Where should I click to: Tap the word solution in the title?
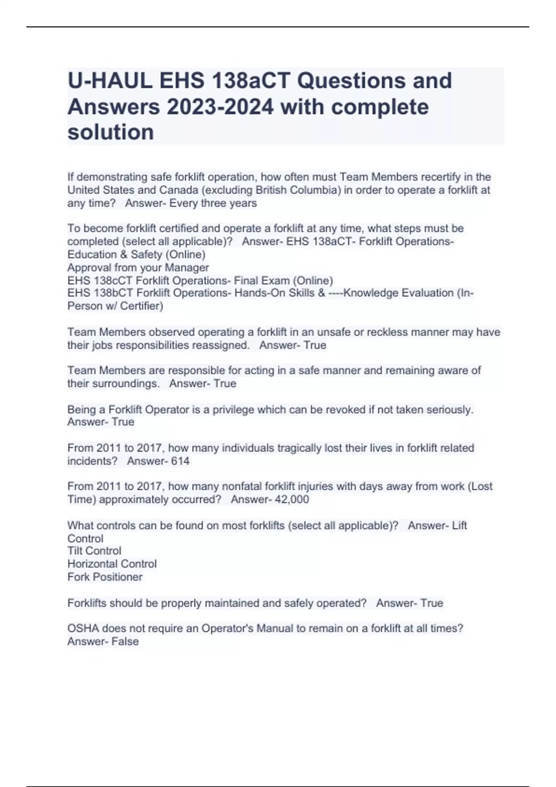(x=111, y=132)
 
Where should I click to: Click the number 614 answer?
(x=180, y=461)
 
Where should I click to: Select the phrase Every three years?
(x=213, y=203)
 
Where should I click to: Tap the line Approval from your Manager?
(x=138, y=268)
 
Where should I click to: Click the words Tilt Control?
(x=95, y=551)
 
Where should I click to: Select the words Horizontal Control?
(x=112, y=564)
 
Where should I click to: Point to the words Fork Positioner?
(x=105, y=577)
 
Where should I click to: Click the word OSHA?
(x=83, y=629)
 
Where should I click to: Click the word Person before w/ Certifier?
(x=84, y=306)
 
